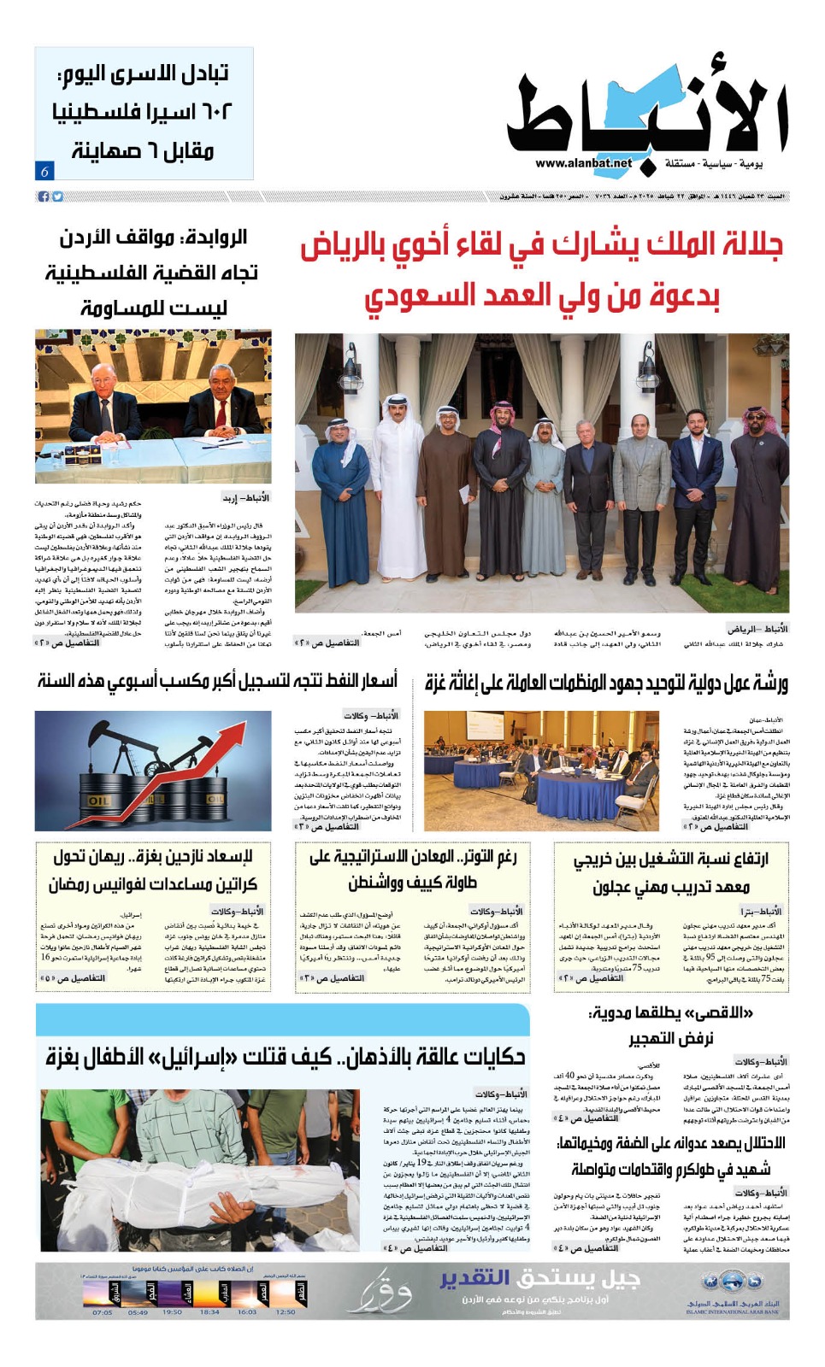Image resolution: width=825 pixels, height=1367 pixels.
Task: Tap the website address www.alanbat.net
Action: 584,163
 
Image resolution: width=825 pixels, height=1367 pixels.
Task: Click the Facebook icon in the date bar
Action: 44,197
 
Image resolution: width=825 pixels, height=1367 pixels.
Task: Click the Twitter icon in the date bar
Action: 57,197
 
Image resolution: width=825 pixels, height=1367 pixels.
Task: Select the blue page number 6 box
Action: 44,171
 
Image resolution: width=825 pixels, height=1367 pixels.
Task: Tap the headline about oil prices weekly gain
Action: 217,681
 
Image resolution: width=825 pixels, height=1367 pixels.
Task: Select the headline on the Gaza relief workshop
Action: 606,683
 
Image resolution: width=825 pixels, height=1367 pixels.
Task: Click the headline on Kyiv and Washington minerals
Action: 412,869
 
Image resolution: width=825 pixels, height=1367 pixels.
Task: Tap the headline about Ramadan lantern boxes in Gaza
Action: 153,870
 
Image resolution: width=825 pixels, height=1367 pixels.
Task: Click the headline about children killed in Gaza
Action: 286,1057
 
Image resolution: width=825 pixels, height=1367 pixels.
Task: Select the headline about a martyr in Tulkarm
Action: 670,1155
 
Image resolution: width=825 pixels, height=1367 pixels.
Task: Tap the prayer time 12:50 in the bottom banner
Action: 286,1311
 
